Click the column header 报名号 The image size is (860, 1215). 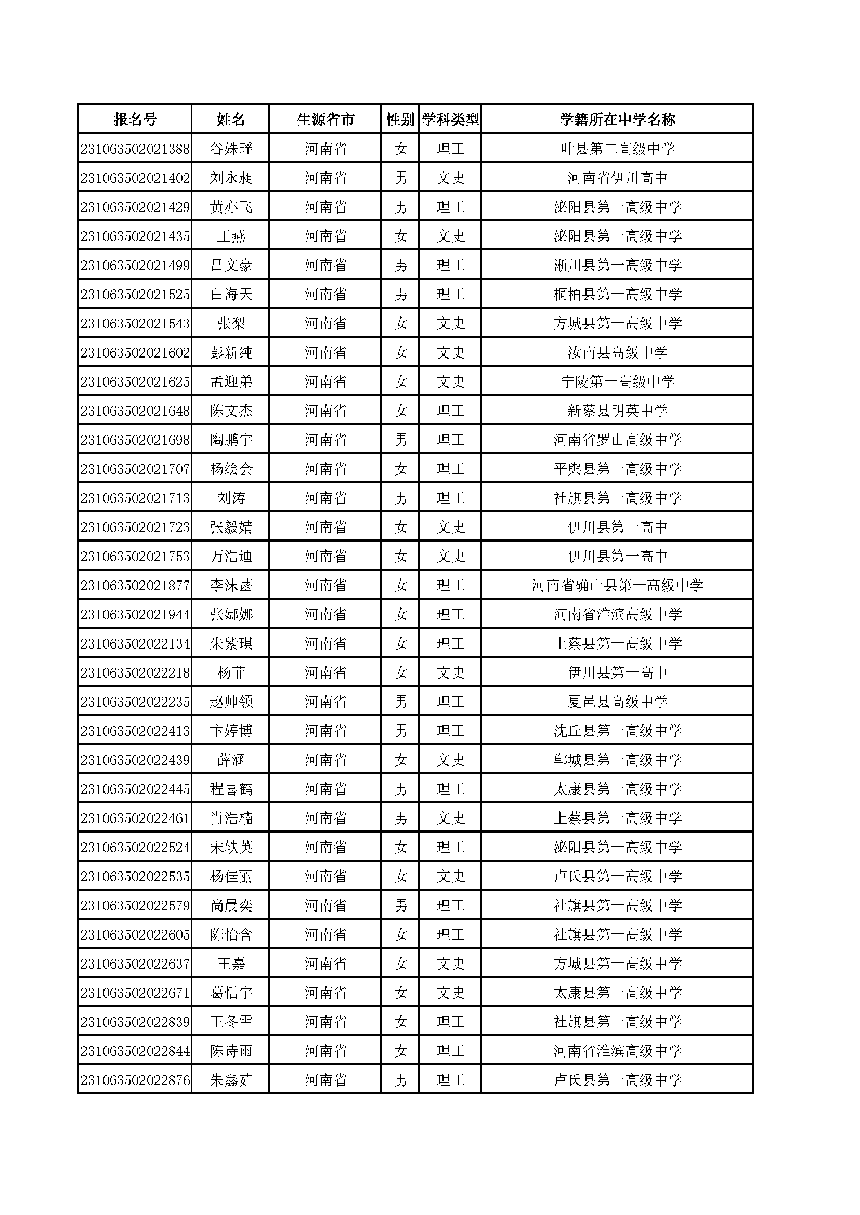[x=135, y=119]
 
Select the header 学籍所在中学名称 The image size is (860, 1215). [x=617, y=119]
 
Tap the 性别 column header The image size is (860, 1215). [x=400, y=119]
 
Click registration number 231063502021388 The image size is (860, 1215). [x=135, y=149]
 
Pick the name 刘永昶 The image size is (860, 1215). [x=231, y=178]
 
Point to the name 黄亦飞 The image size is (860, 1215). [x=231, y=207]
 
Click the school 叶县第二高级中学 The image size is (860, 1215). [x=617, y=149]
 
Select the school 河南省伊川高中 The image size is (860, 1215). [x=617, y=178]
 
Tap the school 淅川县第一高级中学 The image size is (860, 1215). [x=617, y=265]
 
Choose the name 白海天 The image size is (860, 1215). [x=231, y=294]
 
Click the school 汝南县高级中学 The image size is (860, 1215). [x=617, y=352]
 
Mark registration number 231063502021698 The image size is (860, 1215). [x=135, y=440]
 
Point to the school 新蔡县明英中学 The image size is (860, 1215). [x=617, y=411]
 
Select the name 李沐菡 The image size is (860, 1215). [x=231, y=585]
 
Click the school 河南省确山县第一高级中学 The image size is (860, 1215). [x=617, y=585]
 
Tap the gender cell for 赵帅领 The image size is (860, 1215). [x=400, y=702]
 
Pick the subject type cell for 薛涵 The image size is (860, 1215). [x=450, y=760]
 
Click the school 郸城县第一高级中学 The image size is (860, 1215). [x=617, y=760]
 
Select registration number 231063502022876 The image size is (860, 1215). [x=135, y=1080]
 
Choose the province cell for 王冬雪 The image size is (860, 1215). [x=325, y=1022]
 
